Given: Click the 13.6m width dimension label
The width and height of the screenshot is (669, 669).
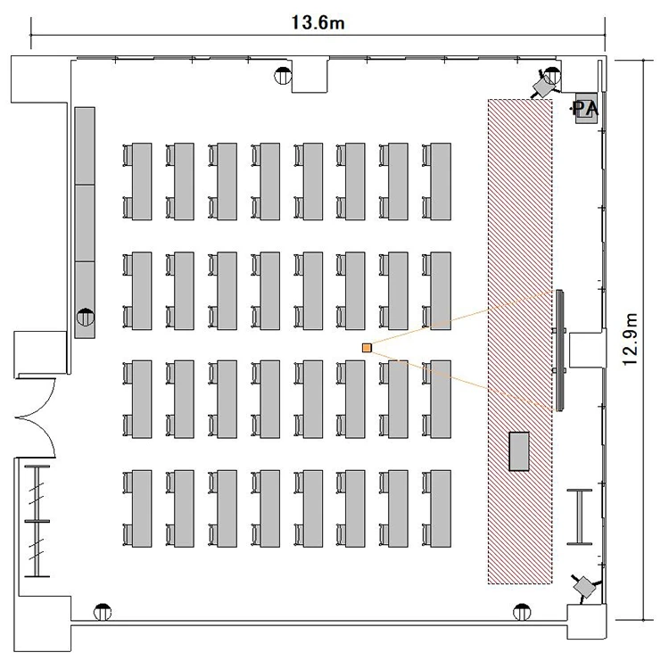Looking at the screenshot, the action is click(318, 22).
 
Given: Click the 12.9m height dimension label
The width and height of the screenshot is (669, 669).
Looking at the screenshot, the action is click(630, 339).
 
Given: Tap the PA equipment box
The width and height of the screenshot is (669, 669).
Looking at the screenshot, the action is click(586, 108).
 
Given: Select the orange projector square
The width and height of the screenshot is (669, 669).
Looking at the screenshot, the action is click(367, 348).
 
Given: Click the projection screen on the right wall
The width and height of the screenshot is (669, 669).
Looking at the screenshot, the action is click(560, 351).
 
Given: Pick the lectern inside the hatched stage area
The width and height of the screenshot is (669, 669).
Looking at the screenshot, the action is click(519, 451).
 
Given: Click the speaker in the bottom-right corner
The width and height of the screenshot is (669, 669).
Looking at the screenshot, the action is click(584, 588).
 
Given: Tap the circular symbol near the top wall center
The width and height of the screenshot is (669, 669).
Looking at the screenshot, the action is click(283, 76).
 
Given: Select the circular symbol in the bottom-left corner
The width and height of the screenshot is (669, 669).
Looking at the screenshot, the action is click(103, 612).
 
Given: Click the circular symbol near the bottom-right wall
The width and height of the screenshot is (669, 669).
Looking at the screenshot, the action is click(522, 612).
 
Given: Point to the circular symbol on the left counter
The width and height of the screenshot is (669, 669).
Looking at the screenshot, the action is click(86, 317).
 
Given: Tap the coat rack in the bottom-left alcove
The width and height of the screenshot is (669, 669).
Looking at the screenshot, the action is click(37, 521).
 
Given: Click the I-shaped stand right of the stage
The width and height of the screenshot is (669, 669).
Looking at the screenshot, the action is click(580, 516).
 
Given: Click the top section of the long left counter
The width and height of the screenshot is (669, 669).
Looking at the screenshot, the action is click(85, 146).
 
